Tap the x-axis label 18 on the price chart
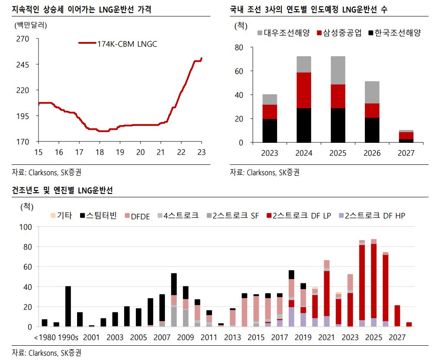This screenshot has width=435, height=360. click(99, 152)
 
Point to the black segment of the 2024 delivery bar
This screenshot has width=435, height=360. click(303, 125)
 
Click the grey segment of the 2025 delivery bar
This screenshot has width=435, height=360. click(338, 70)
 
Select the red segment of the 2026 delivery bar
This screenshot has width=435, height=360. click(372, 110)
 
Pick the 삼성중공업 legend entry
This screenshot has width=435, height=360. click(339, 33)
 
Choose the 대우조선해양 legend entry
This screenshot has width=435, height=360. click(284, 33)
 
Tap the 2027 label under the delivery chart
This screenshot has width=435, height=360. click(406, 153)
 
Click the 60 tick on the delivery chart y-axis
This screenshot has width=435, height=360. click(238, 71)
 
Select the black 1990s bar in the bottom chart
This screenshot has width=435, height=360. click(68, 306)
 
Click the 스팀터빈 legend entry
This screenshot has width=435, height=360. click(97, 215)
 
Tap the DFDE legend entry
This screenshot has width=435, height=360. click(137, 215)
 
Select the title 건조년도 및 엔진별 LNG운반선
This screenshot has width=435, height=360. click(62, 190)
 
